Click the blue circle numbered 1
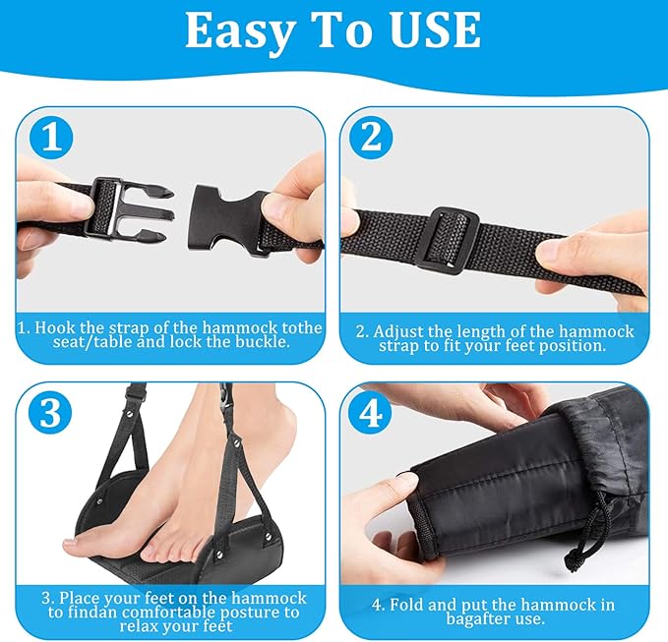(51, 138)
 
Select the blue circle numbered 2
(371, 137)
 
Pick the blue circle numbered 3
(50, 413)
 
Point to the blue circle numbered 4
(371, 413)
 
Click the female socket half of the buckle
(226, 216)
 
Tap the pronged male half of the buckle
(128, 208)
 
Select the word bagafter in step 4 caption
(473, 618)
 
